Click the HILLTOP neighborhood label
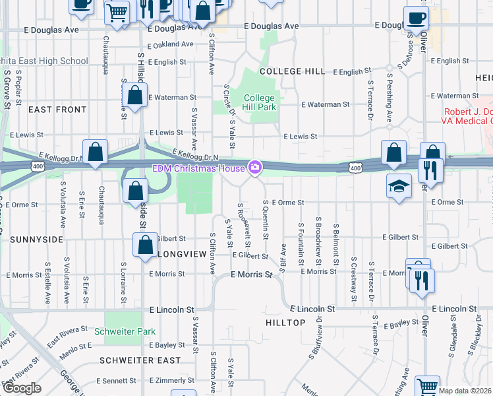tap(285, 323)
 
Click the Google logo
tap(22, 388)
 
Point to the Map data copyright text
tap(465, 391)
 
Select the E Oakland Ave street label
tap(171, 45)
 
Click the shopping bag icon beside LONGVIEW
tap(144, 246)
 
